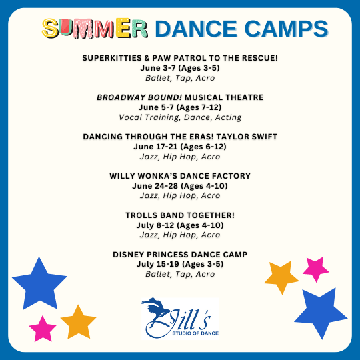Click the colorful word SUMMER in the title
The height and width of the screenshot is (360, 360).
[x=95, y=28]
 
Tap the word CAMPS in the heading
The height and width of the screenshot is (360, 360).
[x=286, y=29]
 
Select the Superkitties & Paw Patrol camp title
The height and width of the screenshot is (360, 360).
[x=180, y=58]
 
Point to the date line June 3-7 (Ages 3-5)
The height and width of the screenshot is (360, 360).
[x=180, y=68]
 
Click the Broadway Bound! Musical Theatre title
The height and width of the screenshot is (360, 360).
[x=180, y=97]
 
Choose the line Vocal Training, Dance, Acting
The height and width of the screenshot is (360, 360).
[x=180, y=117]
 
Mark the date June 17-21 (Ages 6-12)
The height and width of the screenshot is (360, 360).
[x=180, y=147]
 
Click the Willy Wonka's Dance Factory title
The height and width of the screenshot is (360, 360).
[x=180, y=176]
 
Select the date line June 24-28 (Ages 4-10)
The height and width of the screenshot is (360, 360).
[x=180, y=186]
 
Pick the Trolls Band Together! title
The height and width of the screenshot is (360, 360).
[x=180, y=215]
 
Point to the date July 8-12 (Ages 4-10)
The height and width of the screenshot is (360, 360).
[x=180, y=225]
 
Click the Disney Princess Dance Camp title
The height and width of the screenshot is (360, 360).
[x=180, y=255]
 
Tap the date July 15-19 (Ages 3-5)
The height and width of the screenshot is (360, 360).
[x=180, y=264]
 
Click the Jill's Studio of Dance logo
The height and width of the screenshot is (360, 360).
[x=180, y=318]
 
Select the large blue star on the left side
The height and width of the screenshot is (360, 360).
[x=39, y=285]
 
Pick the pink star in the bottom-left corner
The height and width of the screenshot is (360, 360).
[x=43, y=329]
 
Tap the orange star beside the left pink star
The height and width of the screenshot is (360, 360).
[x=78, y=323]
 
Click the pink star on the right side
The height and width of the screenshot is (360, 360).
[x=316, y=269]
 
